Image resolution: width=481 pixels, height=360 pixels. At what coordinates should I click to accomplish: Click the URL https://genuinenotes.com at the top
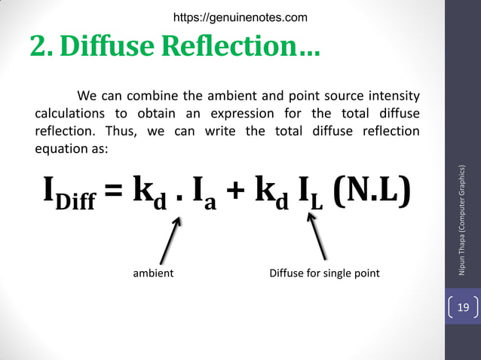point(240,16)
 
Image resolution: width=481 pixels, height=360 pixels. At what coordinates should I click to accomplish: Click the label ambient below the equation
point(153,273)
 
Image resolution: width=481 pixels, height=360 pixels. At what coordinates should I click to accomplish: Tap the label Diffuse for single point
point(324,273)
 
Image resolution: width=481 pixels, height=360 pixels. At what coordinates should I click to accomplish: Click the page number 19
point(463,307)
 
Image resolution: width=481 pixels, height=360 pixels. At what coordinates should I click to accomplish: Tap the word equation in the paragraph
point(68,148)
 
